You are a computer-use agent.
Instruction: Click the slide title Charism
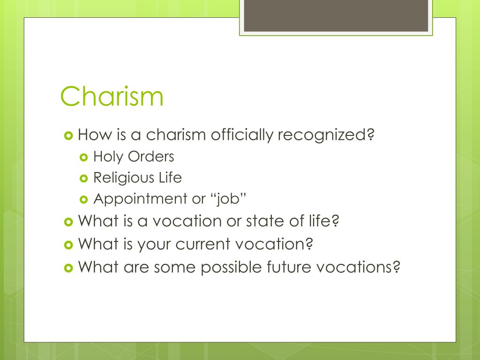pyautogui.click(x=112, y=96)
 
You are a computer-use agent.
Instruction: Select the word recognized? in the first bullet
pyautogui.click(x=327, y=135)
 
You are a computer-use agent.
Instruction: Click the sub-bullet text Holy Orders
pyautogui.click(x=134, y=157)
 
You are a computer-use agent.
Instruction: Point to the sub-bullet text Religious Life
pyautogui.click(x=137, y=178)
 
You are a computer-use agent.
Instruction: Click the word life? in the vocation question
pyautogui.click(x=323, y=221)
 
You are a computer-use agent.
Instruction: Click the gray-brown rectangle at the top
pyautogui.click(x=336, y=15)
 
